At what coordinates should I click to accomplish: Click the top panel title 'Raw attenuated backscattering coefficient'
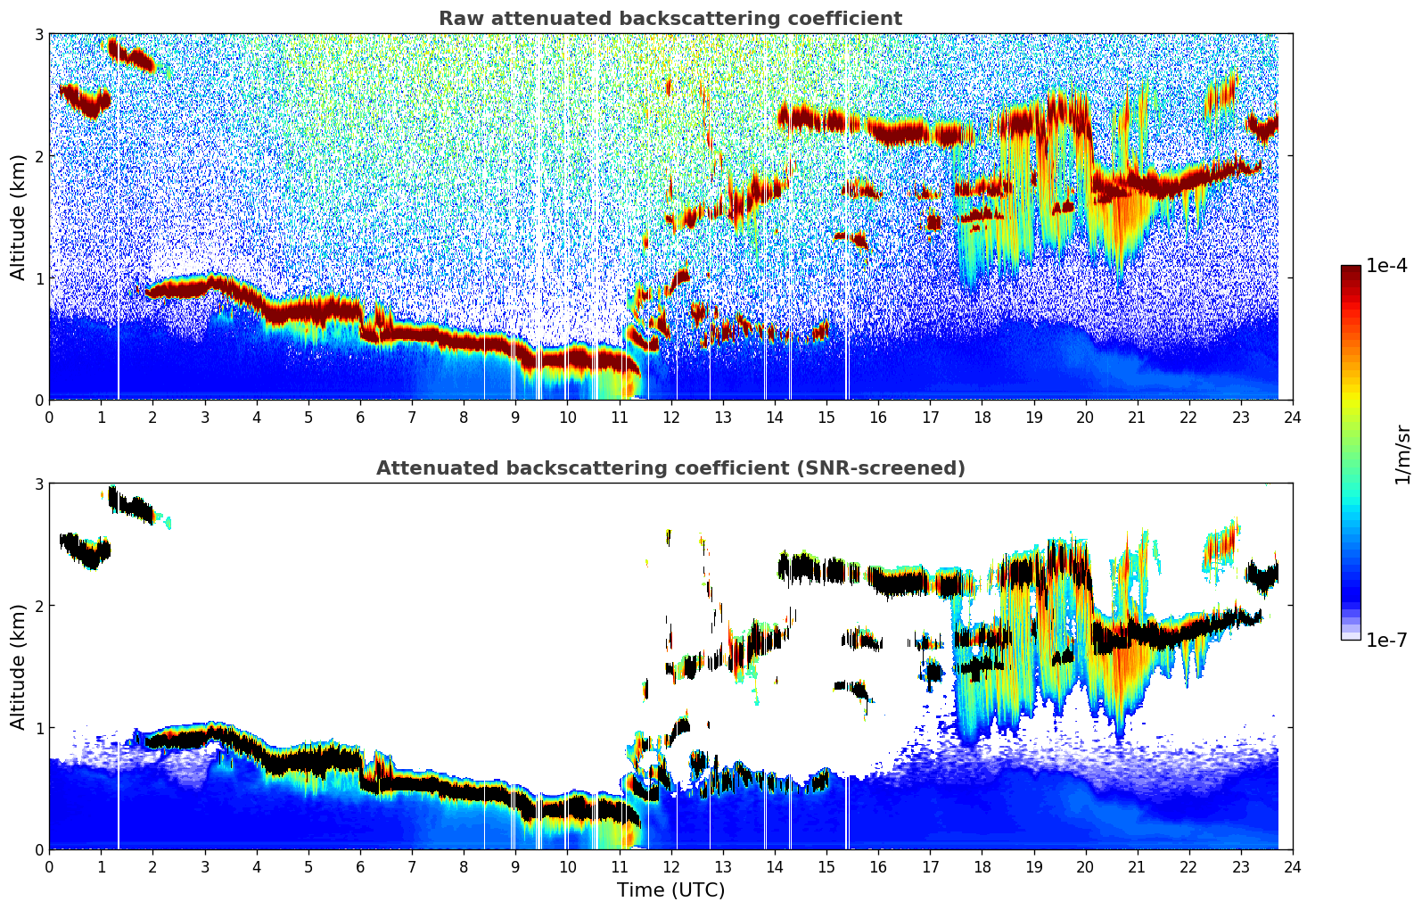pyautogui.click(x=670, y=19)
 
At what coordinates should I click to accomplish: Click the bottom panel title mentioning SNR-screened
pyautogui.click(x=670, y=468)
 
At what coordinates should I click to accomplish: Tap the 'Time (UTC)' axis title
pyautogui.click(x=670, y=889)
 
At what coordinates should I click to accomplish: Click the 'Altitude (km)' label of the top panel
pyautogui.click(x=18, y=217)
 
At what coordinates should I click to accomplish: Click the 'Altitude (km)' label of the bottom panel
pyautogui.click(x=18, y=666)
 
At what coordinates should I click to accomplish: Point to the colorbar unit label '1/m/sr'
pyautogui.click(x=1402, y=454)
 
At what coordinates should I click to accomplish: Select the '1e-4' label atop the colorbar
pyautogui.click(x=1386, y=266)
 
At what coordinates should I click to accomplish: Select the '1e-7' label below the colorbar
pyautogui.click(x=1386, y=640)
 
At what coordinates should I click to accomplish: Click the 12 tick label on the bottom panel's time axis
pyautogui.click(x=670, y=867)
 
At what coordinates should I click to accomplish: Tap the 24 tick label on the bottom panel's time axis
pyautogui.click(x=1292, y=867)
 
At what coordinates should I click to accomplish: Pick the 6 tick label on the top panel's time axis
pyautogui.click(x=360, y=418)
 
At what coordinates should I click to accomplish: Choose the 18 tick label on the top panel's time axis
pyautogui.click(x=982, y=418)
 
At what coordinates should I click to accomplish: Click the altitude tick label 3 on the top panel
pyautogui.click(x=38, y=34)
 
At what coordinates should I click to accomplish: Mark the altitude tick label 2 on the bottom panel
pyautogui.click(x=38, y=606)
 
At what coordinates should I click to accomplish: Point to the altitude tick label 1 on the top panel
pyautogui.click(x=38, y=278)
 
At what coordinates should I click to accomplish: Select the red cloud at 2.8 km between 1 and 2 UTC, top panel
pyautogui.click(x=131, y=57)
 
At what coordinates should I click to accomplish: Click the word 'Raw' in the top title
pyautogui.click(x=458, y=19)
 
